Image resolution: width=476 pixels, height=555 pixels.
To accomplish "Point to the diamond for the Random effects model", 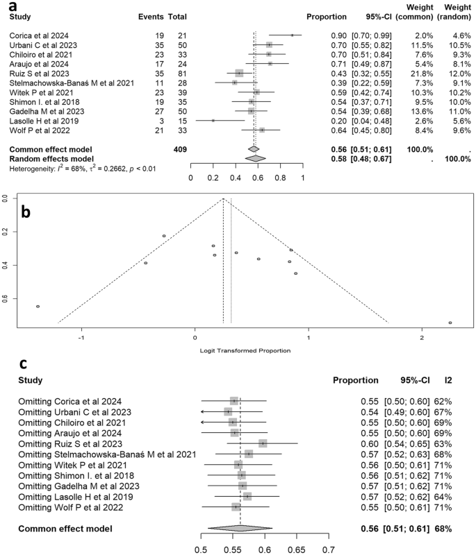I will coord(256,158).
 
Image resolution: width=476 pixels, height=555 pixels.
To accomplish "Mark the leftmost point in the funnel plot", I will coord(38,306).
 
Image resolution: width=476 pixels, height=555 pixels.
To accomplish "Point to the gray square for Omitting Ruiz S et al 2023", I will coord(263,443).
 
